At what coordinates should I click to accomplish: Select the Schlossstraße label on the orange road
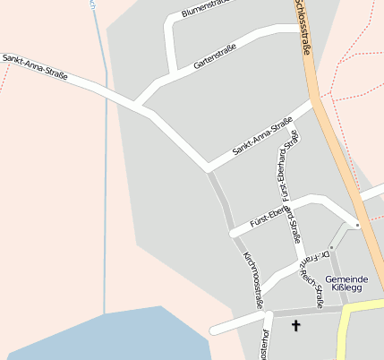pyautogui.click(x=302, y=27)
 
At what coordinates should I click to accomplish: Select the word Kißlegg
pyautogui.click(x=346, y=288)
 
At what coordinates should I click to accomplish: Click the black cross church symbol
pyautogui.click(x=296, y=327)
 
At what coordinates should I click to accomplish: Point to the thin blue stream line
pyautogui.click(x=106, y=179)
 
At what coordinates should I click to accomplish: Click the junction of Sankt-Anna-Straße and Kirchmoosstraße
pyautogui.click(x=208, y=167)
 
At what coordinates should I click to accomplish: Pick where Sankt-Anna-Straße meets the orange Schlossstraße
pyautogui.click(x=315, y=101)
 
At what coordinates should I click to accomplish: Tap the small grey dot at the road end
pyautogui.click(x=356, y=225)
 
